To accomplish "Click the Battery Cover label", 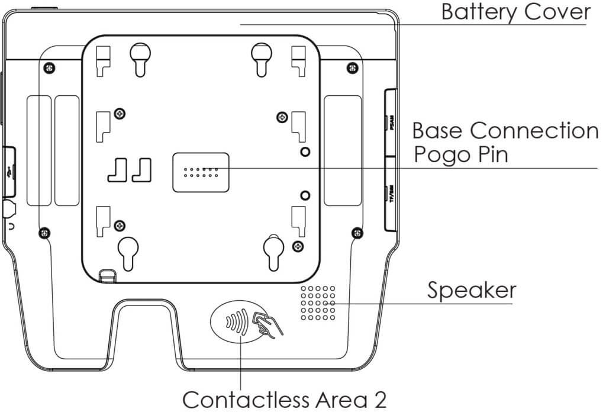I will click(x=515, y=12).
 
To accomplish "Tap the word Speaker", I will click(x=472, y=291).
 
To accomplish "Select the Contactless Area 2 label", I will click(x=285, y=400).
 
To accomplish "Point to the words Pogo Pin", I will click(x=461, y=155).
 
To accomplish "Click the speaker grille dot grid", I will click(x=318, y=303).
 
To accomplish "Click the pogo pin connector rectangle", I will click(x=201, y=172).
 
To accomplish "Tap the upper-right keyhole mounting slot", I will click(x=260, y=58).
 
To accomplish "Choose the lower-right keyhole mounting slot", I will click(x=273, y=250).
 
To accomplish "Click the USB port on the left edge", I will click(x=8, y=172).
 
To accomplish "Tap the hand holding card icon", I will click(x=268, y=325).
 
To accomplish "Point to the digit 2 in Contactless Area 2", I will click(x=379, y=400).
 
